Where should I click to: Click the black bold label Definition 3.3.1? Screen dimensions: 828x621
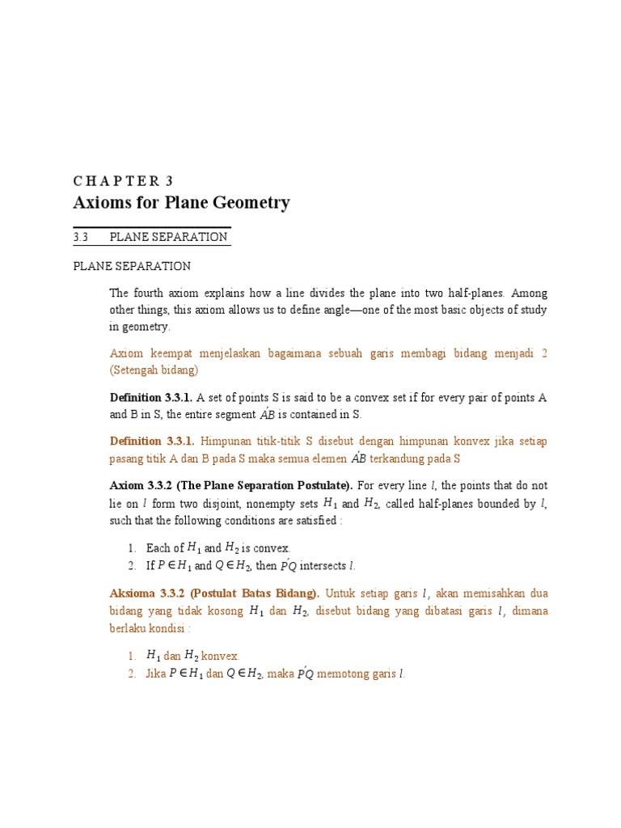150,397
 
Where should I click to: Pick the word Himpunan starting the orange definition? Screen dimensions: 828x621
229,441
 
